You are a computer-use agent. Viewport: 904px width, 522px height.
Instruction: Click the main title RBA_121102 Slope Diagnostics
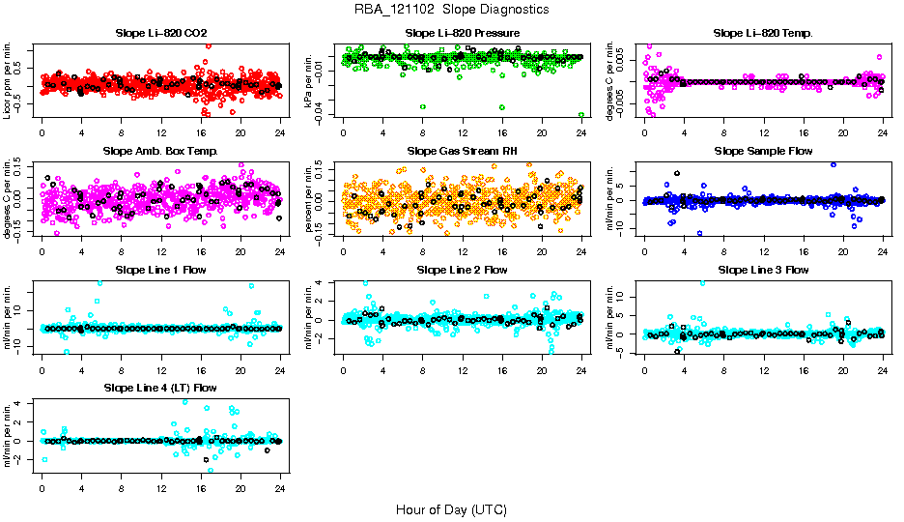tap(452, 10)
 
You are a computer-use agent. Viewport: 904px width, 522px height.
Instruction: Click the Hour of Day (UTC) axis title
tap(451, 509)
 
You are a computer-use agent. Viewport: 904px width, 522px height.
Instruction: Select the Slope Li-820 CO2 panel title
tap(160, 34)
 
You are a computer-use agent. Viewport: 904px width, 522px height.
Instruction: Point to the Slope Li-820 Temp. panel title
tap(763, 34)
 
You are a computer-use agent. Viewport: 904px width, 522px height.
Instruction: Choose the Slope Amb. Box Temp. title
tap(160, 152)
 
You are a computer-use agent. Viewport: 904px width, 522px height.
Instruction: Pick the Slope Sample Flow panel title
tap(763, 152)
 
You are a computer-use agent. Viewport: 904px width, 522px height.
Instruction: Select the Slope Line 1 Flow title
tap(160, 270)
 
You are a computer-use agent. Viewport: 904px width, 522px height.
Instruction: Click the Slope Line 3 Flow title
tap(763, 270)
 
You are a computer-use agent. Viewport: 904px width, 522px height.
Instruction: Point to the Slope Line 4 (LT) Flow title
tap(160, 388)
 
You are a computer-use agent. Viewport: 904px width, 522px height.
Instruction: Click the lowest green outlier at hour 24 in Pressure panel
tap(581, 114)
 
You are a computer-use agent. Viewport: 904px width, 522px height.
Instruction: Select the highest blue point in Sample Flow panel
tap(833, 164)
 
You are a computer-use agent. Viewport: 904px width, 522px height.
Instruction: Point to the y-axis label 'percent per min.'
tap(311, 198)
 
